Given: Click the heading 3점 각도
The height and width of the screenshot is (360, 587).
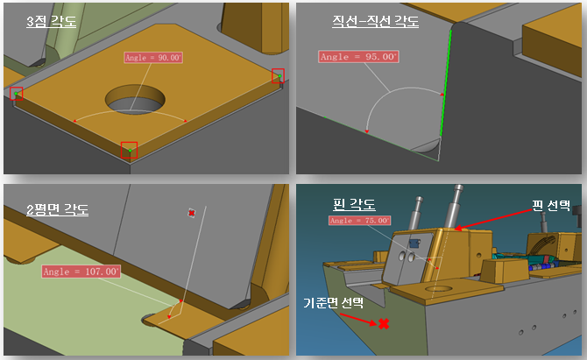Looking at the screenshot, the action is point(52,21).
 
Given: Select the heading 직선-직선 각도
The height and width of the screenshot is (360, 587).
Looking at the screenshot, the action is point(376,21).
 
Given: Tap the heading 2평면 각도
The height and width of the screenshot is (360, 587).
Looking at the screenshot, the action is point(57,209).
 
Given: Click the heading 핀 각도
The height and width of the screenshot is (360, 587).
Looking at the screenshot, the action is point(354,204).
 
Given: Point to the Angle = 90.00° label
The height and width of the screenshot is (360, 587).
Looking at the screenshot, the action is point(153,58).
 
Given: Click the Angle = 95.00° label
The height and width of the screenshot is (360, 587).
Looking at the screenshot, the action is point(358,57).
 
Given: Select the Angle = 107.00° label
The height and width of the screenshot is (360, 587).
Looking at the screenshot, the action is point(81,272).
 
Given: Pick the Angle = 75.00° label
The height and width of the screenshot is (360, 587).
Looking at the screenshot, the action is point(360,221).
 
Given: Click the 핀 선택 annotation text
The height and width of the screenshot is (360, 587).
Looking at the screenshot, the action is point(551,205).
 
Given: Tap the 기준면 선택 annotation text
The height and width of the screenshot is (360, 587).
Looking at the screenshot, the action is point(333,302).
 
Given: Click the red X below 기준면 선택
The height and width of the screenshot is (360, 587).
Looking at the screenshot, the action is point(384,324).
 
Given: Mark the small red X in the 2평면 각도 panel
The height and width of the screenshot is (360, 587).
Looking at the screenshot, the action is point(192,213).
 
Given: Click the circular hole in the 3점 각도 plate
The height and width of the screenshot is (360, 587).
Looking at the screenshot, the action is point(135,99).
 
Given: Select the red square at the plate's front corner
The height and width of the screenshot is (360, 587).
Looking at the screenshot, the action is point(129,150).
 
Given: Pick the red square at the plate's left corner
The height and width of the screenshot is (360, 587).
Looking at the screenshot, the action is point(17,94).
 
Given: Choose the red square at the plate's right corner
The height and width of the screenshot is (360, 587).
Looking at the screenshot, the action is point(278,75).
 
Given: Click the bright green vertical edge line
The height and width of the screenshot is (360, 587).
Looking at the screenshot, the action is point(446,83).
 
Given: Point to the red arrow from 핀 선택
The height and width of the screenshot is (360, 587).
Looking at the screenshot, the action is point(493,219).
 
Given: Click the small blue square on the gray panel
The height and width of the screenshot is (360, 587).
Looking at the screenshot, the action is point(414,244).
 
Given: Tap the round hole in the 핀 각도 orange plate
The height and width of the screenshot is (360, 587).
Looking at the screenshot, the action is point(439,289).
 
